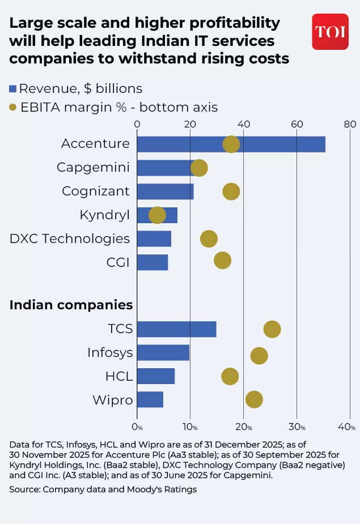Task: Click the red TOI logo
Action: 330,32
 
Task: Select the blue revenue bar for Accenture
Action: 231,144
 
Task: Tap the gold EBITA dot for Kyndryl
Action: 157,215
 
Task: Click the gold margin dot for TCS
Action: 272,329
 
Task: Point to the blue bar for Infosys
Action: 163,352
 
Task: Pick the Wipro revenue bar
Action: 150,399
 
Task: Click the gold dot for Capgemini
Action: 199,168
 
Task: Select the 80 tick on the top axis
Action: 350,125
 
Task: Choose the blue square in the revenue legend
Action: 13,89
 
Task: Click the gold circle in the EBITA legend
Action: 13,107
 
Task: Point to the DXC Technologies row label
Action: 69,238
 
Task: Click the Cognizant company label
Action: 96,191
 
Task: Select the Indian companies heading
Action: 71,305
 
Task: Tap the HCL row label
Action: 119,376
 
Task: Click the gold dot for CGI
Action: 222,261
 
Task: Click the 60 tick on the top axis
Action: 297,125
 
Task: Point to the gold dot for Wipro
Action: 254,399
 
